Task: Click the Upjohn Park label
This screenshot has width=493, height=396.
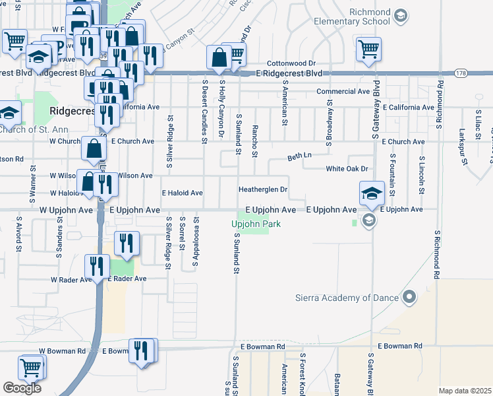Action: pos(256,224)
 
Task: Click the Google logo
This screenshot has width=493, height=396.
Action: pos(22,388)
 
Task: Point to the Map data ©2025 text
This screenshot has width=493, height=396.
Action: pos(465,391)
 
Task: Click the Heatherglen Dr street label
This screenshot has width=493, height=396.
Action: pos(263,189)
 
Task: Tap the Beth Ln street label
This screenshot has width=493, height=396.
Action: pos(299,157)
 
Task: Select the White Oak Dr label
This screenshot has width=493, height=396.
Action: pos(347,169)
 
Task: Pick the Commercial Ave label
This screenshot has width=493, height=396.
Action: pos(343,92)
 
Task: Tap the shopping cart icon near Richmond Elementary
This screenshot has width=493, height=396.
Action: pos(368,48)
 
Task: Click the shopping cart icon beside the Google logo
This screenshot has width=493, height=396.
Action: pos(31,367)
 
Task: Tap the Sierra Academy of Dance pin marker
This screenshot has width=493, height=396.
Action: pos(410,298)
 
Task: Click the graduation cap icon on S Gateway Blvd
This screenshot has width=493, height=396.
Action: pos(372,193)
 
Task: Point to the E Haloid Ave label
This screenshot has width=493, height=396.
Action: pos(183,193)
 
